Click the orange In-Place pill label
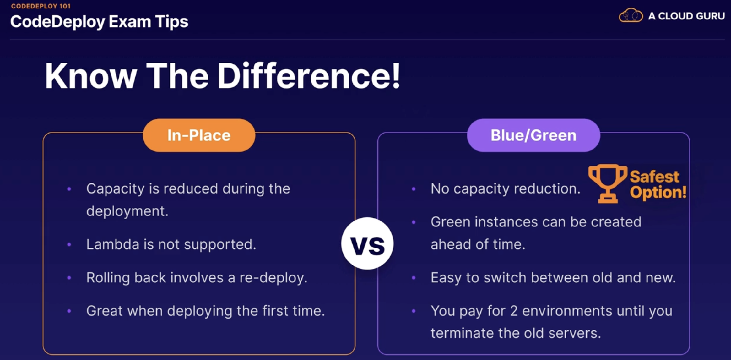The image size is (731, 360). point(199,135)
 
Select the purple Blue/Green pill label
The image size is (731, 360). point(533,135)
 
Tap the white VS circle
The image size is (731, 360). point(367,243)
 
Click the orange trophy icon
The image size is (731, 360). point(608,183)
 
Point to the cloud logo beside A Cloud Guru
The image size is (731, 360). point(631,15)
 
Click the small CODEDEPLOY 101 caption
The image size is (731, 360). point(41,6)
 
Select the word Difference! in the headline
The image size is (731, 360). point(309,76)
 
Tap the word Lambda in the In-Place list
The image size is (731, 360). point(113,244)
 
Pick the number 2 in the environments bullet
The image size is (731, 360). point(514,311)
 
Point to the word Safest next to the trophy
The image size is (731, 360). point(654,177)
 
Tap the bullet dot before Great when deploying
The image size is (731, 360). point(69,311)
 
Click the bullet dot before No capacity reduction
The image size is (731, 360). point(414,189)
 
